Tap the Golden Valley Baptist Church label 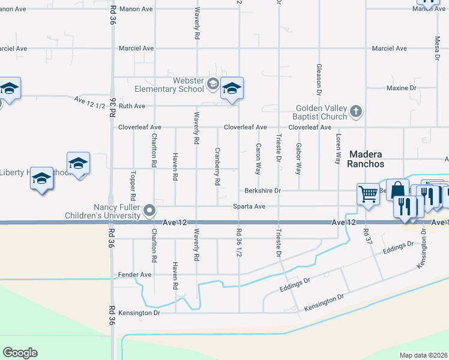[321, 112]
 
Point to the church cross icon [356, 111]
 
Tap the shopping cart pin [368, 194]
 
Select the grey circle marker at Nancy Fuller [150, 211]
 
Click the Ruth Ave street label [131, 106]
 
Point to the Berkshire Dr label [263, 191]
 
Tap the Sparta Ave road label [250, 206]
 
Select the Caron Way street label [258, 158]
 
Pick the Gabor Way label [298, 158]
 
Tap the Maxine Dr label [402, 88]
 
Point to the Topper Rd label [132, 188]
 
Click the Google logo [20, 353]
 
